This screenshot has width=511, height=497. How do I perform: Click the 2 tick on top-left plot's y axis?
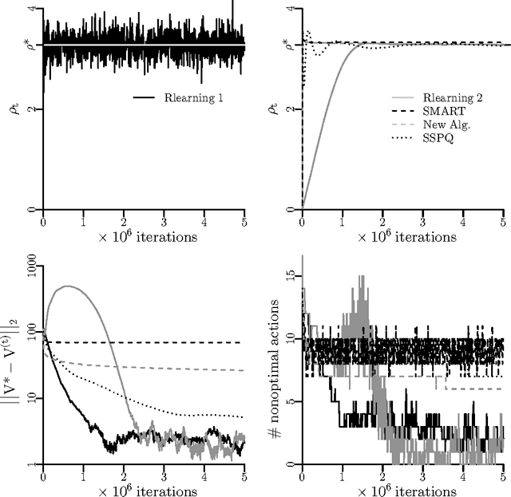point(30,108)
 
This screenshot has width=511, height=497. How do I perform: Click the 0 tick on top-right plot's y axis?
point(290,209)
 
